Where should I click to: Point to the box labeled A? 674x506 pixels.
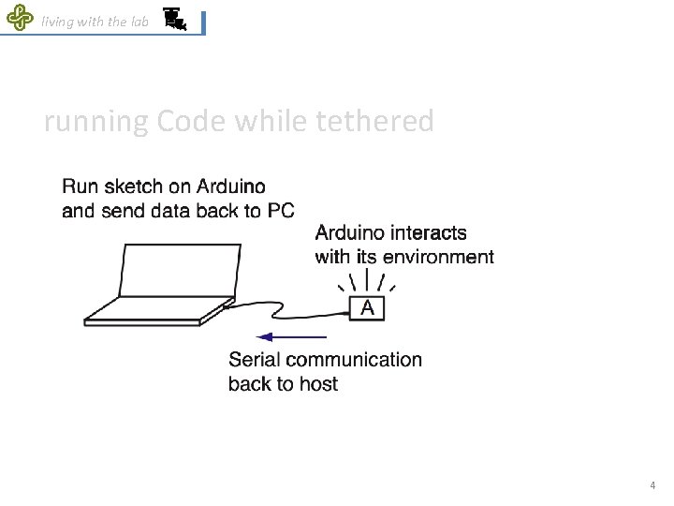[367, 307]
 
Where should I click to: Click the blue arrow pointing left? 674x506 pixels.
[291, 336]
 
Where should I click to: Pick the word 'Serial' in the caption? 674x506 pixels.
[254, 360]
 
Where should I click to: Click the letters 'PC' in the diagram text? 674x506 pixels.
[280, 211]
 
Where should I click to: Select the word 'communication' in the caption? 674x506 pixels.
[353, 360]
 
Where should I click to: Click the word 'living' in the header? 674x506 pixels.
[58, 22]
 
